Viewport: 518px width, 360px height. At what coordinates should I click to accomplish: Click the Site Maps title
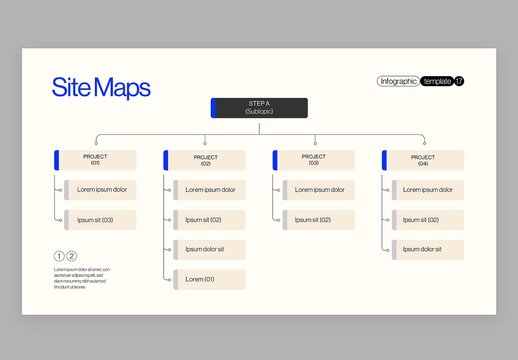(x=101, y=88)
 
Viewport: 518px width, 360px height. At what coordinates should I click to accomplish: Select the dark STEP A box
(x=260, y=107)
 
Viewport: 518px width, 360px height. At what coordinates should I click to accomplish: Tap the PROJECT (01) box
(x=97, y=160)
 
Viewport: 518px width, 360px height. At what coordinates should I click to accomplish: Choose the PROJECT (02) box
(x=206, y=160)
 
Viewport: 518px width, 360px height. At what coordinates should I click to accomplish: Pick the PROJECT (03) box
(x=315, y=160)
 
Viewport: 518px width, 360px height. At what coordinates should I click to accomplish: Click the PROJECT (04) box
(x=424, y=160)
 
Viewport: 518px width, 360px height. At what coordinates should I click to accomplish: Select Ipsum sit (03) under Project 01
(x=99, y=220)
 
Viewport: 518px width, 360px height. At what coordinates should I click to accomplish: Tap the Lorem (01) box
(x=208, y=279)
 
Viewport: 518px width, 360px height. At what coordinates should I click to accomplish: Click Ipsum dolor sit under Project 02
(x=208, y=249)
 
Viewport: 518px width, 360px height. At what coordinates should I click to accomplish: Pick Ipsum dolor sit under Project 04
(x=427, y=249)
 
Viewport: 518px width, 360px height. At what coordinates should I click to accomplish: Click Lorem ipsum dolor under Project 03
(x=318, y=190)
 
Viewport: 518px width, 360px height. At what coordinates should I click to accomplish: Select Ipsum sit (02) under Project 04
(x=427, y=220)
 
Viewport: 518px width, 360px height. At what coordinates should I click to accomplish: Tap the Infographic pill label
(x=398, y=81)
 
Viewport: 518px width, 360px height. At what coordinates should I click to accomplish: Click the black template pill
(x=436, y=81)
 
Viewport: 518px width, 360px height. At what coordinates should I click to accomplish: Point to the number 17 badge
(x=459, y=81)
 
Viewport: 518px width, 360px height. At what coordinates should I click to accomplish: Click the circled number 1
(x=59, y=256)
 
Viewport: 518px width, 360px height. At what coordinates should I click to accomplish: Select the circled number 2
(x=71, y=256)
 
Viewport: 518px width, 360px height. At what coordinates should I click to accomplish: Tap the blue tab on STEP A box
(x=214, y=107)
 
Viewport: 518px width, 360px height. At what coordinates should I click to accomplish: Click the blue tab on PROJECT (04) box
(x=385, y=160)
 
